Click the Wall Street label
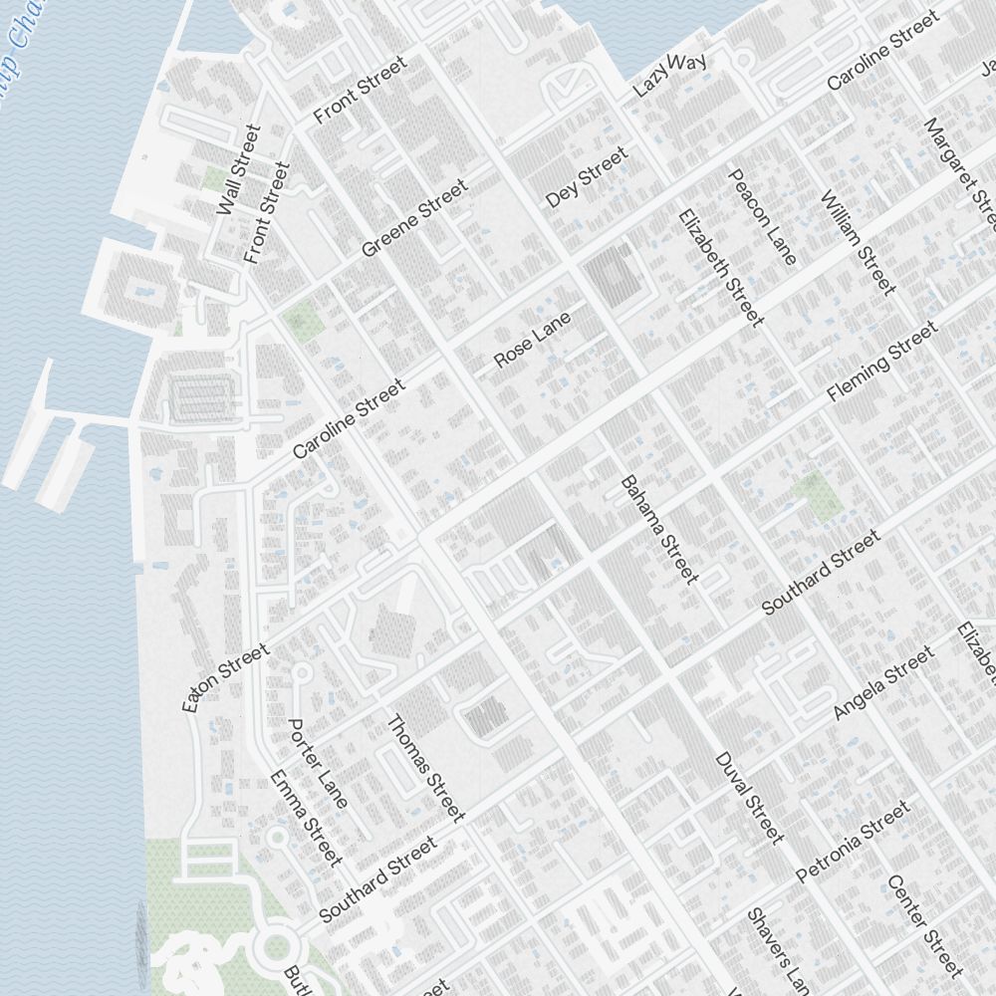pos(238,169)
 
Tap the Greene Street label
pos(414,218)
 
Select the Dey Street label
pos(587,177)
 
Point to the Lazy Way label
pos(670,75)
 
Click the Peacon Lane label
pos(763,217)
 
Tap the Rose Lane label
pos(533,339)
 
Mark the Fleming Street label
pos(881,361)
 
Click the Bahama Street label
pos(659,528)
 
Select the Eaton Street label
pos(226,678)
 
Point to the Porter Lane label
pos(318,763)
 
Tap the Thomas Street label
pos(425,769)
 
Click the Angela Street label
pos(883,683)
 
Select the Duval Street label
pos(749,797)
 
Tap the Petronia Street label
pos(854,842)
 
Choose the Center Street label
pos(925,925)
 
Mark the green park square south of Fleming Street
pos(817,495)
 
